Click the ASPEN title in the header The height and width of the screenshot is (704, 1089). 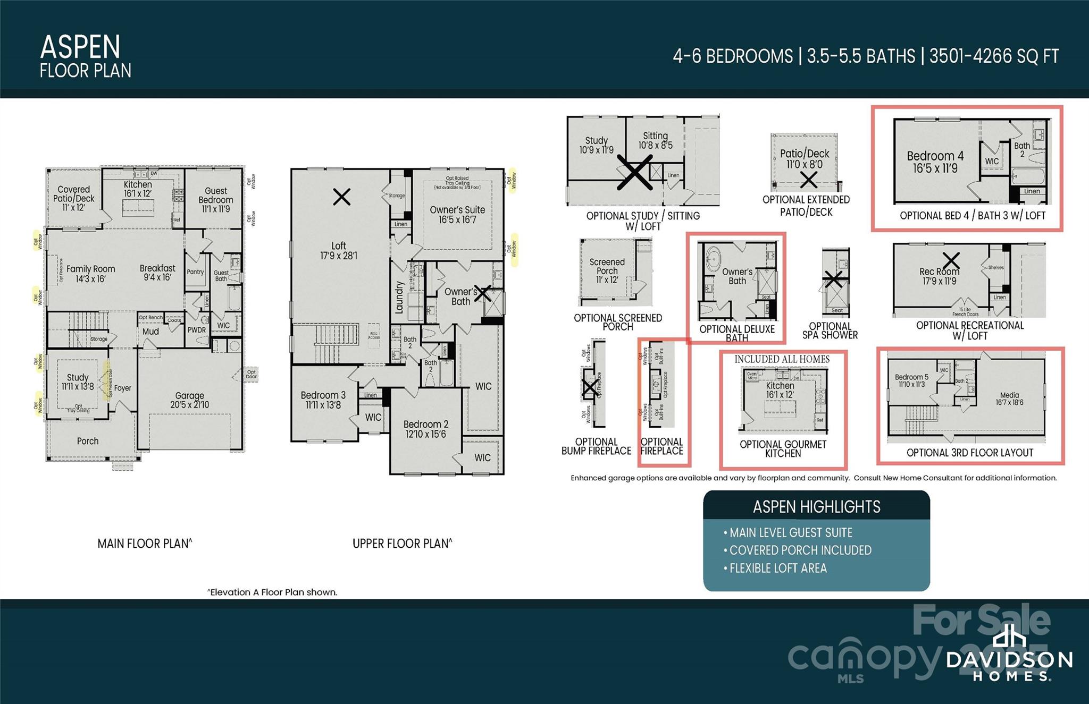80,47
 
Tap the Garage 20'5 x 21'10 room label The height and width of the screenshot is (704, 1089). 189,400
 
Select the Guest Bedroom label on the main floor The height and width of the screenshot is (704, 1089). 215,199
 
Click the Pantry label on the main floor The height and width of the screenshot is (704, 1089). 195,272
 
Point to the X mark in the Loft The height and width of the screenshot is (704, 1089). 341,197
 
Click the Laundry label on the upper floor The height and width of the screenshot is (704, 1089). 400,298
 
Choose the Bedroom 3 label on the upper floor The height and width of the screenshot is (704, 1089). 323,400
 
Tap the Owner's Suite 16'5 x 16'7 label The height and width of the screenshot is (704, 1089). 457,215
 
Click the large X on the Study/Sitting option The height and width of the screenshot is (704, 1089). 634,172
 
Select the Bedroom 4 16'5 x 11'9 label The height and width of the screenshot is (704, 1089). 935,162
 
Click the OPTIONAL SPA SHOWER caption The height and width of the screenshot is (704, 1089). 830,330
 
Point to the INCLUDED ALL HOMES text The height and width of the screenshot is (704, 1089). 782,360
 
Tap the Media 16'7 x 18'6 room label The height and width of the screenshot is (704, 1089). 1009,398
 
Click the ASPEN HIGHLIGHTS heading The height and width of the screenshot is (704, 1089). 816,507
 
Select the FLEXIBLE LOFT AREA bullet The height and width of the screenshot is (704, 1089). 777,569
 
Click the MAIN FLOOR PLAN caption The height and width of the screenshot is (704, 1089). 145,544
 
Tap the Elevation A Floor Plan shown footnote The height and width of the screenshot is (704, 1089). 272,592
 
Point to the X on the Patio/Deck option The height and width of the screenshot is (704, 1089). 808,180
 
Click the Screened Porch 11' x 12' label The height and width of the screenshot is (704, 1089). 607,270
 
